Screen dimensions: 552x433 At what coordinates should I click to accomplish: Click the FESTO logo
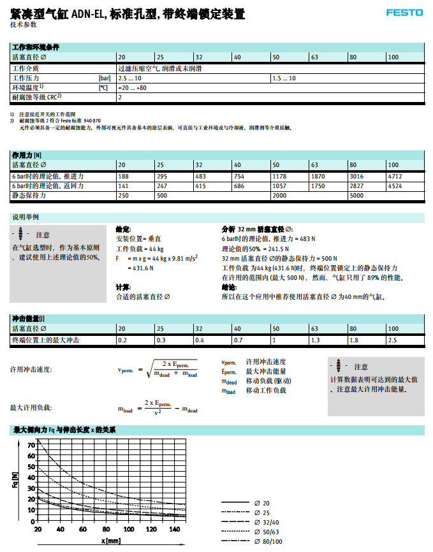tap(404, 12)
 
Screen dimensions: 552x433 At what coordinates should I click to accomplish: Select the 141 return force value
tap(124, 185)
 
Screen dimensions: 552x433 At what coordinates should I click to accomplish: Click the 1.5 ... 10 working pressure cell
tap(284, 77)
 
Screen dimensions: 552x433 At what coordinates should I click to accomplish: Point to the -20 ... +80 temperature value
tap(132, 87)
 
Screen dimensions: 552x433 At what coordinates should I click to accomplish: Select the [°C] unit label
tap(103, 87)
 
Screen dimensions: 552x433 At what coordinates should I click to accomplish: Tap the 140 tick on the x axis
tap(175, 529)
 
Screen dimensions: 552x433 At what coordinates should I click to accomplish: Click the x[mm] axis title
tap(111, 541)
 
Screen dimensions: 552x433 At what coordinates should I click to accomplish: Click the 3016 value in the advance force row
tap(356, 176)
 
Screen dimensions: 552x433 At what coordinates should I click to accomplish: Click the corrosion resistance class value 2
tap(120, 98)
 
